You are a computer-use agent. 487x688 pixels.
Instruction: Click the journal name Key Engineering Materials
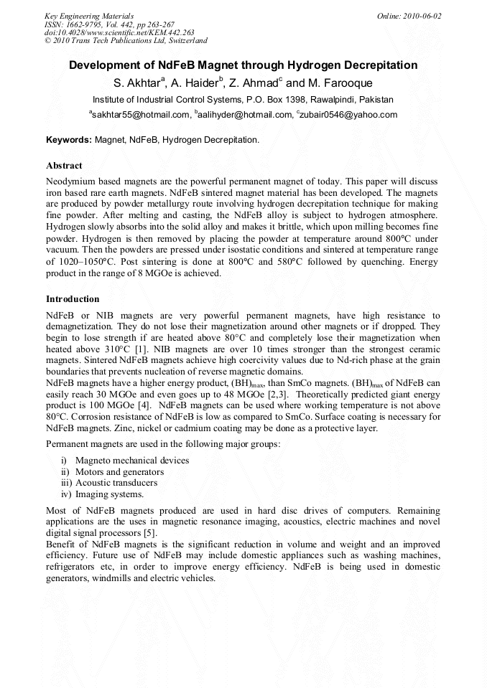pos(88,15)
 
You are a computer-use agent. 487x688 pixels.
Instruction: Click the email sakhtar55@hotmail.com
pos(140,114)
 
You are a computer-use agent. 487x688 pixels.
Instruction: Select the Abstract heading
pos(64,166)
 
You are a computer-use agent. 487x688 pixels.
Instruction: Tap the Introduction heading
pos(73,298)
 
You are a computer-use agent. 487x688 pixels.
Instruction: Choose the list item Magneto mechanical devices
pos(132,460)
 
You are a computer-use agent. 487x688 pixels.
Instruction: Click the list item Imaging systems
pos(109,494)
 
